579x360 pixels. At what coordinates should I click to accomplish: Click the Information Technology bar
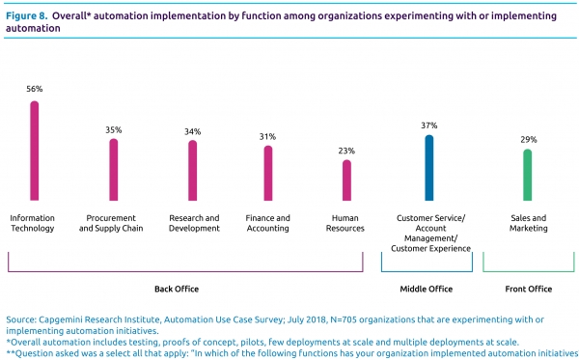[35, 151]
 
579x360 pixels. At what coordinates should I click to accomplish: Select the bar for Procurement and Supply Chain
[114, 170]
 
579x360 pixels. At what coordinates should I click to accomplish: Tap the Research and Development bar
[193, 170]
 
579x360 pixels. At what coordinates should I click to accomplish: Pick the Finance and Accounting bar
[268, 173]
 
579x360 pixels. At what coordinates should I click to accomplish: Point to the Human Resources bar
[346, 180]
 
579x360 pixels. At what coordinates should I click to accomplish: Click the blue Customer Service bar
[429, 168]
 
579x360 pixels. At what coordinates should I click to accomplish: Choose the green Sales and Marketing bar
[528, 175]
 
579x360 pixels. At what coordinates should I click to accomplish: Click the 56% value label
[35, 89]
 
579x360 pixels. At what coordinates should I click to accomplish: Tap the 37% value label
[429, 125]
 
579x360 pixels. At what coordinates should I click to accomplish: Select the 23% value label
[346, 151]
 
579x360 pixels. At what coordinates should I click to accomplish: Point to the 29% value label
[529, 140]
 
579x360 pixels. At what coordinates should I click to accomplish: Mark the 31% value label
[267, 137]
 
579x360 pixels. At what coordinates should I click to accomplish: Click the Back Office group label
[177, 290]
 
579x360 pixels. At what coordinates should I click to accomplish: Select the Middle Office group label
[427, 290]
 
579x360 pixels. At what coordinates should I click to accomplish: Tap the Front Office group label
[529, 290]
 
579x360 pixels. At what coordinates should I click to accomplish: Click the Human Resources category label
[345, 223]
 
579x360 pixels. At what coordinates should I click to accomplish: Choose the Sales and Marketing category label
[529, 223]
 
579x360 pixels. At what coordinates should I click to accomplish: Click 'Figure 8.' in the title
[27, 16]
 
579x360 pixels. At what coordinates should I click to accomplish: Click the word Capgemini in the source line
[56, 319]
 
